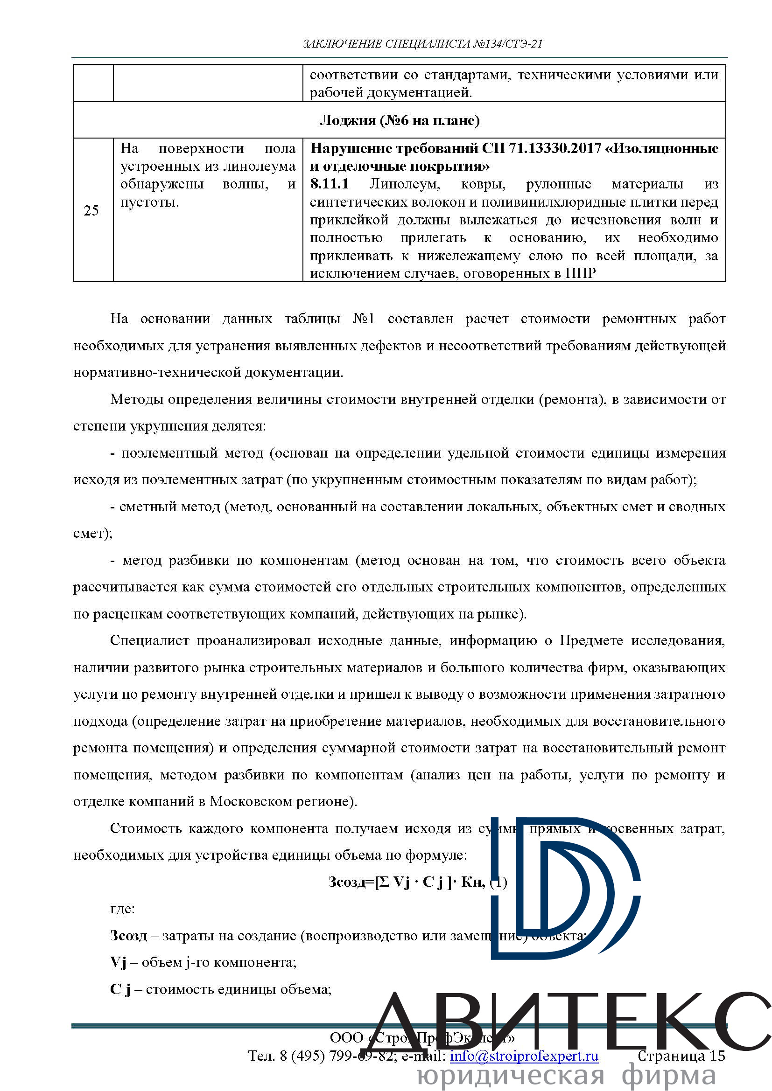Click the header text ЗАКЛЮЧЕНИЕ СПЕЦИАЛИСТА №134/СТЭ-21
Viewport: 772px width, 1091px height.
[x=422, y=44]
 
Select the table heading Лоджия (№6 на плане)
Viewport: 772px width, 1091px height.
[x=400, y=121]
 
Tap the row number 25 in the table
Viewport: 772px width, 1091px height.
[x=91, y=210]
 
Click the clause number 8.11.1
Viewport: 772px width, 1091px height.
[x=329, y=184]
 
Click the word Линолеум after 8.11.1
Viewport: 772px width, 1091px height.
[x=405, y=184]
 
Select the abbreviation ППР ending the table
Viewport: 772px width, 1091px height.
[x=581, y=273]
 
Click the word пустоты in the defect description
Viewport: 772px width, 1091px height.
[x=149, y=202]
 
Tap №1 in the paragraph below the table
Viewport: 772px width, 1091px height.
[x=364, y=319]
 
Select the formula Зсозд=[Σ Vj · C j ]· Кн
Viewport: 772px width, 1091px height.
[x=407, y=882]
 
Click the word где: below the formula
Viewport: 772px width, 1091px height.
[x=122, y=909]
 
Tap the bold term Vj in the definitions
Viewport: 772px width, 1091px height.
[x=118, y=962]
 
